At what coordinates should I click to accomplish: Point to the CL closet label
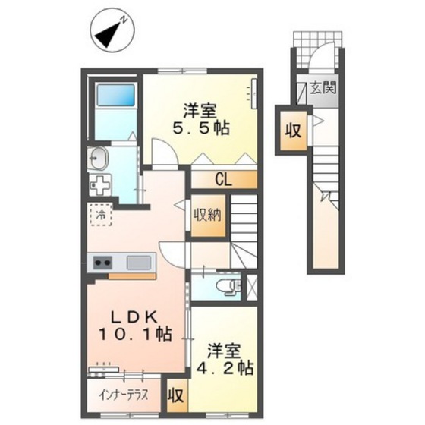click(223, 180)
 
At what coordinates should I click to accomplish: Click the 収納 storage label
click(206, 214)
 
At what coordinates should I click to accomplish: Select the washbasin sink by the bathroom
click(98, 159)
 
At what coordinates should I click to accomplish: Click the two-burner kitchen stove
click(103, 263)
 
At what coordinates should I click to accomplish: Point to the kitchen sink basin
click(140, 263)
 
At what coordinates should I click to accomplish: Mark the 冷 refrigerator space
click(101, 215)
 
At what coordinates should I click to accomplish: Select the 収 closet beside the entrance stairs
click(292, 129)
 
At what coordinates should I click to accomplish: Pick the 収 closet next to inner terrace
click(176, 395)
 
